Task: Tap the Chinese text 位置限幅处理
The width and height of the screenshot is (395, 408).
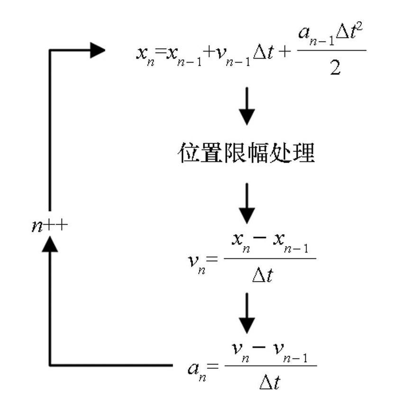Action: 247,153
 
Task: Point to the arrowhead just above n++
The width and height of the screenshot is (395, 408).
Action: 50,243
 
